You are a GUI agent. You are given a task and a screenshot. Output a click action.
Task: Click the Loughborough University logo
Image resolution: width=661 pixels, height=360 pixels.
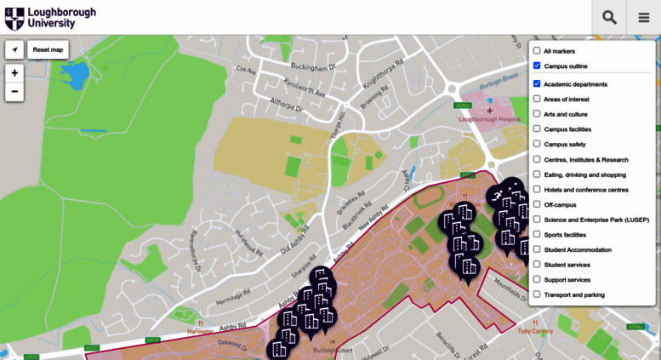(x=50, y=18)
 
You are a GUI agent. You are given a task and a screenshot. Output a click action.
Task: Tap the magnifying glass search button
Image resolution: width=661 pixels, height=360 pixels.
(x=609, y=18)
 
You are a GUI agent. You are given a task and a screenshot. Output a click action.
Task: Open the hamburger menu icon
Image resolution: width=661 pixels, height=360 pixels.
(x=644, y=18)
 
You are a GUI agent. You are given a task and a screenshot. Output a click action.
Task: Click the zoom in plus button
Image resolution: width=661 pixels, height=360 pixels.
(x=14, y=73)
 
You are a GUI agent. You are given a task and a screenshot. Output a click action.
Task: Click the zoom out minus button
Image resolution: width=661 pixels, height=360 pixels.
(x=14, y=91)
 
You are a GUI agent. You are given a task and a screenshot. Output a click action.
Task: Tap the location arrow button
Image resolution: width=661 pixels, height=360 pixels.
(x=14, y=49)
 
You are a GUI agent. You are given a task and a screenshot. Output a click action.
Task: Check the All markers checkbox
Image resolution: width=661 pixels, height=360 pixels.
(x=537, y=51)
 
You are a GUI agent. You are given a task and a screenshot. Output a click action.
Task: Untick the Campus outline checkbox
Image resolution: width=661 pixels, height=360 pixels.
(x=537, y=66)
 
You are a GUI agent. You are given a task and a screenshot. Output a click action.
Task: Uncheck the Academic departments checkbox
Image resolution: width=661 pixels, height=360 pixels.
(x=537, y=84)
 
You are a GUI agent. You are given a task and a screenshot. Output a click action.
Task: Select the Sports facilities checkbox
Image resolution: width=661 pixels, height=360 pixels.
(x=537, y=234)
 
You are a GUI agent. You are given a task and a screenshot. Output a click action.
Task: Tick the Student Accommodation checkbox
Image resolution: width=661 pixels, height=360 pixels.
(x=537, y=249)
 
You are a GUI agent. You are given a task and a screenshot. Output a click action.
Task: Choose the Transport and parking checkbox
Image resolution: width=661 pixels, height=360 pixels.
(x=537, y=294)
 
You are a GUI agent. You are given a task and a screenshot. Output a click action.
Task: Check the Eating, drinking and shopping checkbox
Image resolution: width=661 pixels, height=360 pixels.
(x=537, y=174)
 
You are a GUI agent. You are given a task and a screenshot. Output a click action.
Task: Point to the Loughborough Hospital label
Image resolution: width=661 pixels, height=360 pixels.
(x=488, y=119)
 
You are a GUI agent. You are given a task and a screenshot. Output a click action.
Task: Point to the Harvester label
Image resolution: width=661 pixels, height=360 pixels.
(x=202, y=331)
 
